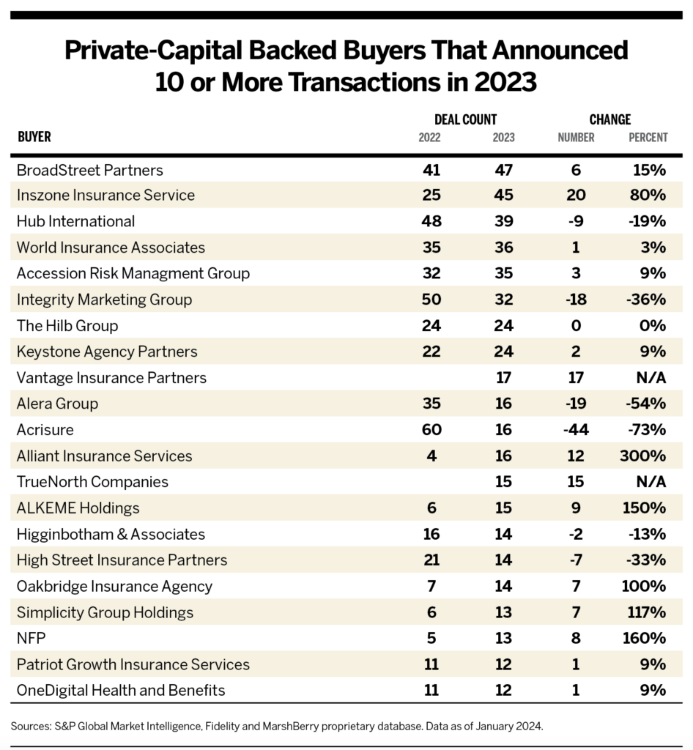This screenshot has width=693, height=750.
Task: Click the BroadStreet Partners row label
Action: (x=89, y=170)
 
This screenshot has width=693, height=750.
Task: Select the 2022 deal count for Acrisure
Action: (x=431, y=429)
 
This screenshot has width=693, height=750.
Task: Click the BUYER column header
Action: (x=34, y=137)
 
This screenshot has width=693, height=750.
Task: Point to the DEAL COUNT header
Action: (x=465, y=119)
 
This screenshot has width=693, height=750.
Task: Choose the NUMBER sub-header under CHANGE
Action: (x=576, y=137)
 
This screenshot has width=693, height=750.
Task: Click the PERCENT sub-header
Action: (x=648, y=137)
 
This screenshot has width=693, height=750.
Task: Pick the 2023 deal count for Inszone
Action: (x=503, y=196)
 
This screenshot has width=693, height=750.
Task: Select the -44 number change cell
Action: (x=575, y=429)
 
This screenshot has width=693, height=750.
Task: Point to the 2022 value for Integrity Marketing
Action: (x=431, y=300)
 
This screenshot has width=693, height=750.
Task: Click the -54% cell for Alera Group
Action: (x=648, y=404)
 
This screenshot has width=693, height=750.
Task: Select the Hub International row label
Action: (x=75, y=221)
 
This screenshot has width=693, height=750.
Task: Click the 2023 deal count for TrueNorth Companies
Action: (x=503, y=481)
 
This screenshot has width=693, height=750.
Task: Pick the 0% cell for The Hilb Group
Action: (x=653, y=325)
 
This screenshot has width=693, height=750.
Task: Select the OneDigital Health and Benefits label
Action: (x=121, y=690)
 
